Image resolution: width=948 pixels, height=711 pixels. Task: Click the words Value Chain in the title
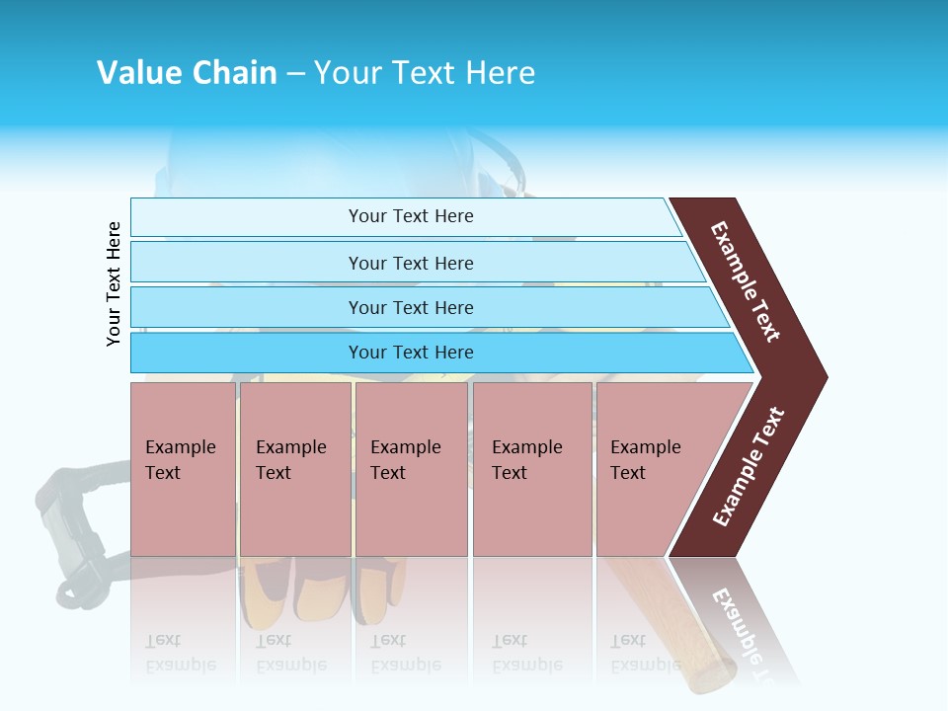(x=187, y=73)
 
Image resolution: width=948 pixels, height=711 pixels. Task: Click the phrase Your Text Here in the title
(x=425, y=73)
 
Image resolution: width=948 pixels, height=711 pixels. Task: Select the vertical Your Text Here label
(x=114, y=284)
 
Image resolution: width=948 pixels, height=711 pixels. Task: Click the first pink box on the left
(x=183, y=470)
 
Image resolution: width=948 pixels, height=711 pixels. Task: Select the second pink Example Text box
(x=294, y=470)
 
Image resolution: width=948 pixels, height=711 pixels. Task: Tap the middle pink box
(x=411, y=470)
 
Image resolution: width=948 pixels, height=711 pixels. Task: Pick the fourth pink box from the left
(x=532, y=470)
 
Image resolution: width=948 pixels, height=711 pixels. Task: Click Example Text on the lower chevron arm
(x=748, y=467)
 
